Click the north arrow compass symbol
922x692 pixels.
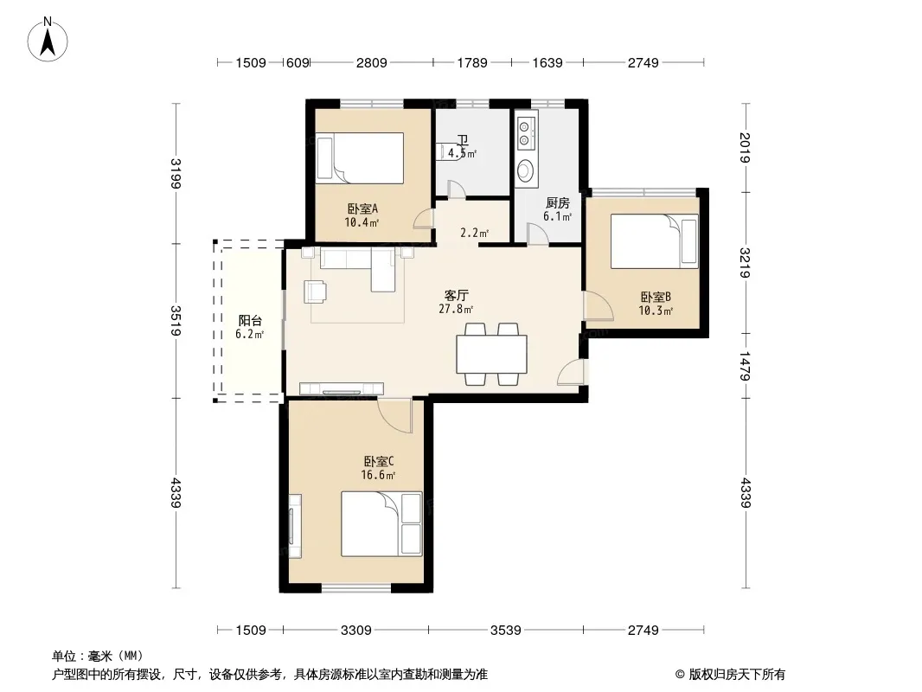click(x=48, y=39)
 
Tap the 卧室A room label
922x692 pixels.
click(x=362, y=208)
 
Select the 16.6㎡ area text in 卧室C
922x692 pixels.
click(x=378, y=475)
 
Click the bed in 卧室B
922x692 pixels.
click(x=655, y=241)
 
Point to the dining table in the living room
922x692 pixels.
click(x=491, y=354)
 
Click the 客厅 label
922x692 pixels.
click(x=457, y=295)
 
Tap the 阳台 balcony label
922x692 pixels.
click(x=250, y=320)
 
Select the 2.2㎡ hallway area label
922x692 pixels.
click(x=475, y=233)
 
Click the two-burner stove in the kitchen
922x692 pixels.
click(x=526, y=132)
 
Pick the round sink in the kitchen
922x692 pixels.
click(x=526, y=171)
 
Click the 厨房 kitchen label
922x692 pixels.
click(x=557, y=202)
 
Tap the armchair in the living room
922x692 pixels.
click(x=315, y=292)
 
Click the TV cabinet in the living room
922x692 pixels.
click(x=342, y=388)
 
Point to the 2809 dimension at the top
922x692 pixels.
click(x=372, y=62)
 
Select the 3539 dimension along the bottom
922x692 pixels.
click(x=506, y=631)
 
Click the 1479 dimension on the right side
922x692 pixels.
click(x=745, y=366)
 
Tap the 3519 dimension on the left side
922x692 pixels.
click(x=176, y=320)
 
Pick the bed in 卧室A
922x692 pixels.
click(x=360, y=158)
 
